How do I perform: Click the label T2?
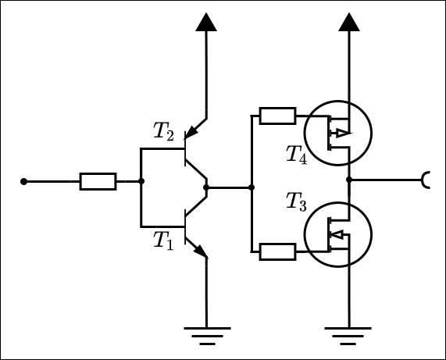[x=164, y=131]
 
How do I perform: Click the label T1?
[x=162, y=240]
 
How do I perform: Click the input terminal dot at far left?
[x=23, y=181]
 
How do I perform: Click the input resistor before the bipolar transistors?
[x=98, y=181]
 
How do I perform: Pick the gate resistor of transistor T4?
[x=277, y=116]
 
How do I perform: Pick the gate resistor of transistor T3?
[x=277, y=251]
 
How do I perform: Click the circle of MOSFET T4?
[x=337, y=133]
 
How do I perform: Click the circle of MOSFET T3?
[x=337, y=234]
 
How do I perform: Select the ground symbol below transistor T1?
[x=206, y=335]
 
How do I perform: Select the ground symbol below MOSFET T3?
[x=349, y=335]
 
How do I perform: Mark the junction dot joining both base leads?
[x=141, y=181]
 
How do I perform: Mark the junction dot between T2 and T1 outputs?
[x=206, y=187]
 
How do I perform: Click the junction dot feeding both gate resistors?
[x=252, y=187]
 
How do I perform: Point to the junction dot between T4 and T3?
[x=349, y=180]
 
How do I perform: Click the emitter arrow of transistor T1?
[x=201, y=251]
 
